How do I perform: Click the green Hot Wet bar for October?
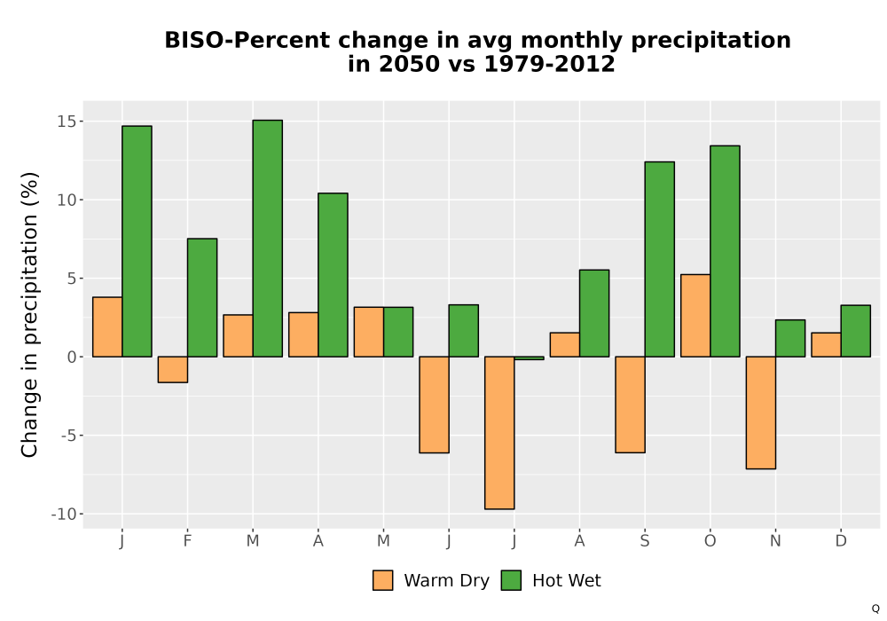725,251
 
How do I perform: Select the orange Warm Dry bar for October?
695,316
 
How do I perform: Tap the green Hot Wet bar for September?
660,259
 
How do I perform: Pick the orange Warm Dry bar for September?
630,405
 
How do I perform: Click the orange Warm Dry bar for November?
761,413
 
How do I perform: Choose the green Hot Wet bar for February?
202,297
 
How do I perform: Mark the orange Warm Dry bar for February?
173,369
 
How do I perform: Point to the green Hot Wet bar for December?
855,331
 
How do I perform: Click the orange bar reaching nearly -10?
499,433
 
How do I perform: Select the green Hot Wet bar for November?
790,338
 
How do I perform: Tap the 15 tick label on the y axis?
66,122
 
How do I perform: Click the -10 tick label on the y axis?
63,515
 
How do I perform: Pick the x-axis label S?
645,541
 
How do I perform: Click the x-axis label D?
841,541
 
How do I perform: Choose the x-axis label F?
187,541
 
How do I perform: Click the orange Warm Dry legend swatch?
383,580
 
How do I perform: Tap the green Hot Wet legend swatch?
512,580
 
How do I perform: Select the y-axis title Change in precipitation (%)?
29,314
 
